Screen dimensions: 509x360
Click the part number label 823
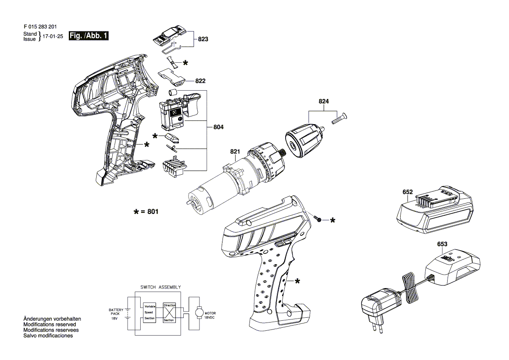pos(203,39)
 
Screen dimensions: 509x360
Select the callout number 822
pos(200,81)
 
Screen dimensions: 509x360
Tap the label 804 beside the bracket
pos(219,127)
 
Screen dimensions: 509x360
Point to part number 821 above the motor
pos(235,151)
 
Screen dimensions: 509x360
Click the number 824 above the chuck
pos(324,102)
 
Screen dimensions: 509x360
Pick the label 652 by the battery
pos(408,192)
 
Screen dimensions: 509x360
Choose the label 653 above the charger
pos(442,244)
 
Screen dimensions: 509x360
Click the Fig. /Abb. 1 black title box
pos(89,36)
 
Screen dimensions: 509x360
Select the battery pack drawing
pos(435,210)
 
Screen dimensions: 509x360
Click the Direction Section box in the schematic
pos(169,312)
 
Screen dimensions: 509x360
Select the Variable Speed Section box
pos(150,312)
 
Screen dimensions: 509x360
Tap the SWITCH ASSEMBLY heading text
pos(160,287)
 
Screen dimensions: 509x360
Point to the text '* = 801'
pos(146,212)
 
